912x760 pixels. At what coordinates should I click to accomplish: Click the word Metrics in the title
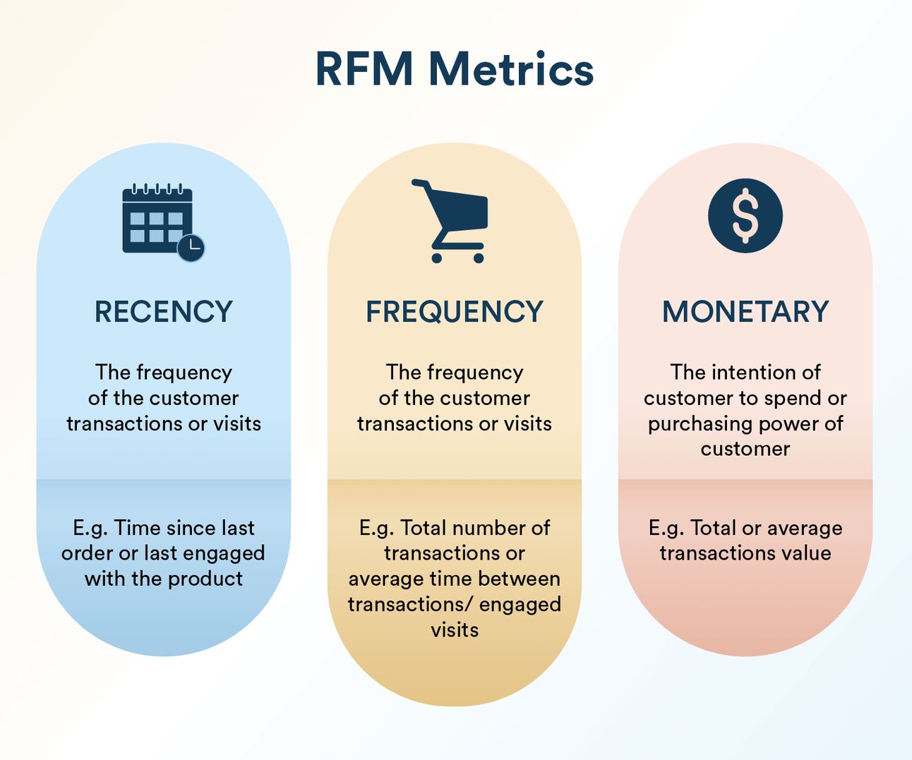pyautogui.click(x=511, y=69)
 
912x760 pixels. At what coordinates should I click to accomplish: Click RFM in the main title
pyautogui.click(x=364, y=69)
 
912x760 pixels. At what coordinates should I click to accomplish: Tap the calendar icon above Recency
pyautogui.click(x=163, y=222)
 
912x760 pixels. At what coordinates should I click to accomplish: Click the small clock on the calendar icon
pyautogui.click(x=191, y=248)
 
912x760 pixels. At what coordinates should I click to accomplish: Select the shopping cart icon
pyautogui.click(x=450, y=221)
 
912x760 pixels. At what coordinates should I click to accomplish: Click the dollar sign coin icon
pyautogui.click(x=745, y=216)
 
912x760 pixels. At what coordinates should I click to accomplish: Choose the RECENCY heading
pyautogui.click(x=163, y=312)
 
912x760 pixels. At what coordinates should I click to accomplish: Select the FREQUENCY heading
pyautogui.click(x=455, y=312)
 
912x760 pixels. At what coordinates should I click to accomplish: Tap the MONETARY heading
pyautogui.click(x=745, y=312)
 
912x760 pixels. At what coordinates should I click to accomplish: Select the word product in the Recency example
pyautogui.click(x=205, y=580)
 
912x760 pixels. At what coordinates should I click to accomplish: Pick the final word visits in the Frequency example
pyautogui.click(x=455, y=630)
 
